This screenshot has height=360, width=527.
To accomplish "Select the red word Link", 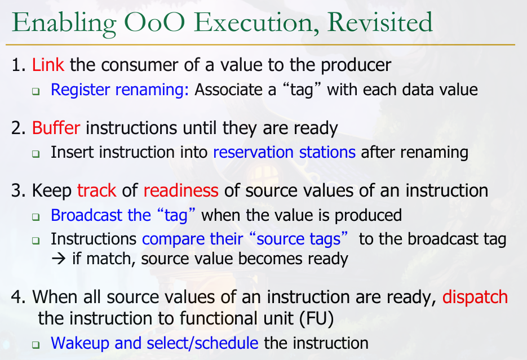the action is [48, 64].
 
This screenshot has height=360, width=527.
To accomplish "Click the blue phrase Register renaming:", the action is [119, 90].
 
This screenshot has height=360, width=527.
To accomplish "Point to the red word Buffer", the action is [56, 128].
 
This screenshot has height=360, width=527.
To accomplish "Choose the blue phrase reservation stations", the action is [284, 152].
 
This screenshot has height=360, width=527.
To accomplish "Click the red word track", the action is [96, 190].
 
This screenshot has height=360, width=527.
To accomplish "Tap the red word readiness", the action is [181, 190].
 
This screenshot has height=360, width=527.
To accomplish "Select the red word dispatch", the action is [475, 297].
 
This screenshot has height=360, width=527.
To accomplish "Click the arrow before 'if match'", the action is [59, 259].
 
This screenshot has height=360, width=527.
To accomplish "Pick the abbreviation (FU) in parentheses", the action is [316, 318].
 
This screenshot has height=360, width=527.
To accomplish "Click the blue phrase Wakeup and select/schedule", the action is [154, 343].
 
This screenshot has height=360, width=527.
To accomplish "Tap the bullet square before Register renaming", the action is [36, 91].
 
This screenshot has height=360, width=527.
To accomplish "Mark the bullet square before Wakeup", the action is [36, 345].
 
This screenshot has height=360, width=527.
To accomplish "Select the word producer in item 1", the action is [356, 65].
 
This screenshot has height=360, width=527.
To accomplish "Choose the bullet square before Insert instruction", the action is [36, 154].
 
